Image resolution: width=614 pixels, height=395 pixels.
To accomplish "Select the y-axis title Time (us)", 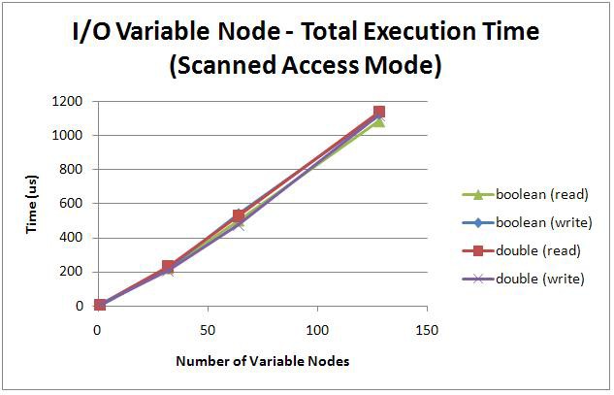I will (x=31, y=203).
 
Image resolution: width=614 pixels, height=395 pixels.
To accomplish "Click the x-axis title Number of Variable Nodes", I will (x=262, y=361).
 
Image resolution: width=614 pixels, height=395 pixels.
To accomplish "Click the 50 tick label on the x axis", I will (x=208, y=330).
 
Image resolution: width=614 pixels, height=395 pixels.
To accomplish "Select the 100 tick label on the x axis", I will (x=317, y=330).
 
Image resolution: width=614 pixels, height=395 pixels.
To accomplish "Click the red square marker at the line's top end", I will (x=378, y=113).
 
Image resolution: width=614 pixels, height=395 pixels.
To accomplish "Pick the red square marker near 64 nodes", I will (x=239, y=215).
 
